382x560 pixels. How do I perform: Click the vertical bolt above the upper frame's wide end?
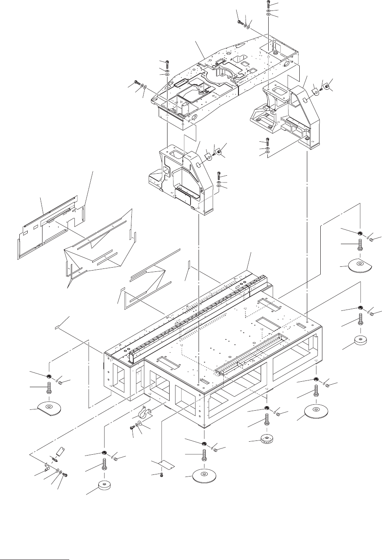[167, 63]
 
